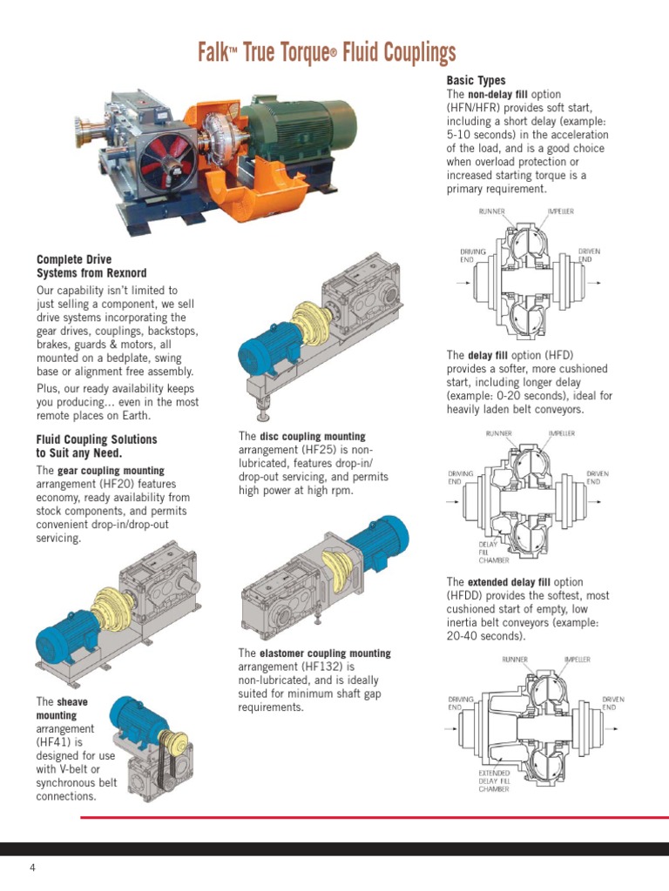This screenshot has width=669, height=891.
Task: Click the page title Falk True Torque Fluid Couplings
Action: tap(327, 52)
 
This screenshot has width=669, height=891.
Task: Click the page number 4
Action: tap(32, 868)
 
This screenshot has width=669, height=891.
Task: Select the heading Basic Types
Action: tap(476, 80)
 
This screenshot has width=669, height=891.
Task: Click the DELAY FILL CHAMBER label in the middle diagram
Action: tap(493, 553)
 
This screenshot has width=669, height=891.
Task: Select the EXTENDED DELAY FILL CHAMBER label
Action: tap(494, 780)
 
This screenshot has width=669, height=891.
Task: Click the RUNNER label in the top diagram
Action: tap(491, 211)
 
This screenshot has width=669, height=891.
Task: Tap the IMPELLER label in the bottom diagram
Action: tap(577, 660)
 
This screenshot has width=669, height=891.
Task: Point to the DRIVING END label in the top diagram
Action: tap(473, 255)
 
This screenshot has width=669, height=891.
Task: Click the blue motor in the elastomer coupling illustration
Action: tap(377, 541)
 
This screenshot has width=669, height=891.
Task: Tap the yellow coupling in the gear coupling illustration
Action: tap(112, 608)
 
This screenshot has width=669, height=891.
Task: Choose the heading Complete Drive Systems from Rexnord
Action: tap(91, 266)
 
